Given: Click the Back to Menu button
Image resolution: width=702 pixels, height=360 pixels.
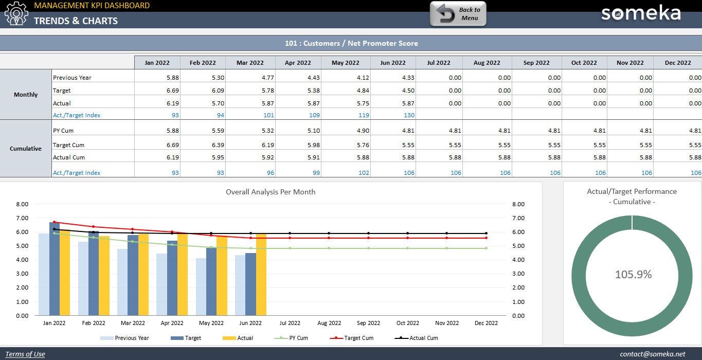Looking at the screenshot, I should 458,14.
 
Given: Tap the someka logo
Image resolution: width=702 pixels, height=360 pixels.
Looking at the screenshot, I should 641,13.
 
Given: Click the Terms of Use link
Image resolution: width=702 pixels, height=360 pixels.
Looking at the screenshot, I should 25,354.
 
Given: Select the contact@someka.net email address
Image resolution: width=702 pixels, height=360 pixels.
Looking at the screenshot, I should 653,354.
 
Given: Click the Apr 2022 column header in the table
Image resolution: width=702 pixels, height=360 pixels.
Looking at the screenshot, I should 298,63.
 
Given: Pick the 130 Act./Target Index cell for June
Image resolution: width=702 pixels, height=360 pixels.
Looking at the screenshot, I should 409,115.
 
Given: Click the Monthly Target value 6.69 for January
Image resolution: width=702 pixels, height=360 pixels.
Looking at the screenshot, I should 172,91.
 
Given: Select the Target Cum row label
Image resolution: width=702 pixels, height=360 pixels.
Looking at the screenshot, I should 68,145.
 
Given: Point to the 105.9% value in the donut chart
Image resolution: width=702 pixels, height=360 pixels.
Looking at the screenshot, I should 633,275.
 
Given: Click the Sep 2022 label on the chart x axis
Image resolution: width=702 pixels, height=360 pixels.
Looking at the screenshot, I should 368,323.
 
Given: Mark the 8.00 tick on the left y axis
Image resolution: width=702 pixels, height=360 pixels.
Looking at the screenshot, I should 22,204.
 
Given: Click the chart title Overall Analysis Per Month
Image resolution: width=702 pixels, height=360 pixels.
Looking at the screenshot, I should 271,192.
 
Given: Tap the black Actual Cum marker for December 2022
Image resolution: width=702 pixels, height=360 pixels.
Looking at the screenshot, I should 486,233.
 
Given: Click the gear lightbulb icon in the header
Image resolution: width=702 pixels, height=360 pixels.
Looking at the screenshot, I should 16,14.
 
